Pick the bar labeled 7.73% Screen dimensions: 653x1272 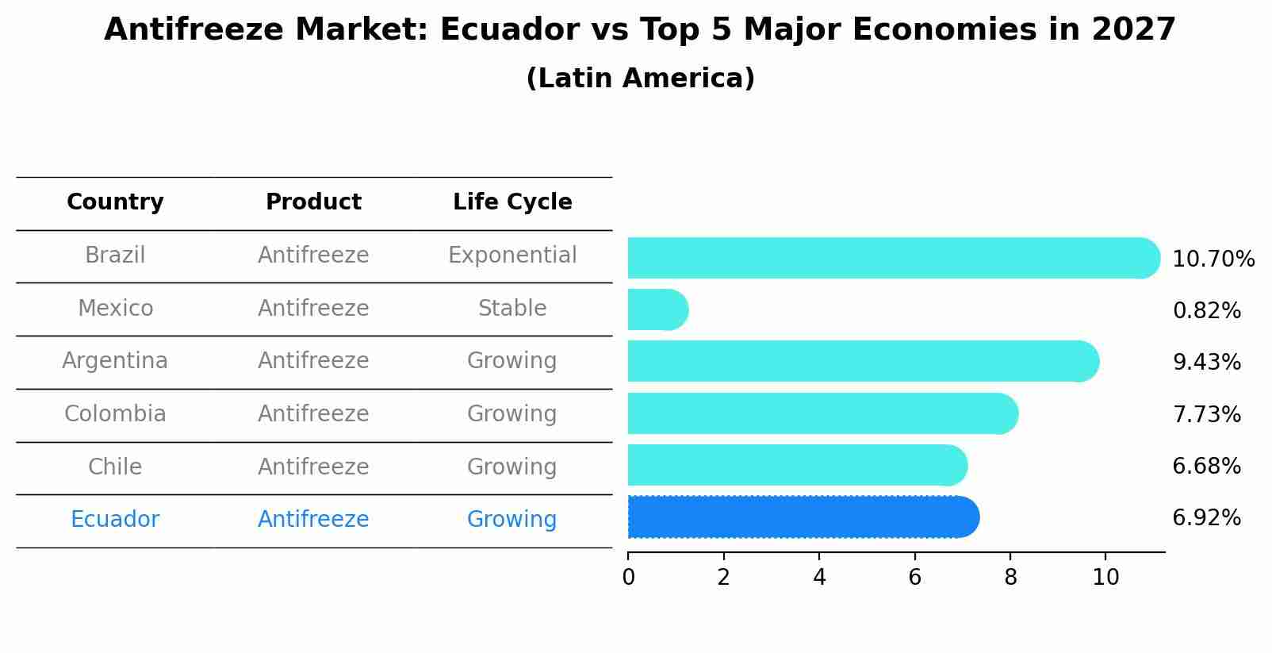(822, 413)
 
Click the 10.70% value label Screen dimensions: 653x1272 (1213, 259)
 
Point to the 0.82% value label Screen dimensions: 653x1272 (1206, 311)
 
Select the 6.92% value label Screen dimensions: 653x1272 (1206, 518)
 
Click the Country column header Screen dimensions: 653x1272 (115, 202)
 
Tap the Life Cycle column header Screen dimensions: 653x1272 (512, 202)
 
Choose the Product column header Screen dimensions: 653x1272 (313, 202)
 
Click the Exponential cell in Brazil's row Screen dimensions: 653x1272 (512, 255)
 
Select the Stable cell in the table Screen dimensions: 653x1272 (512, 309)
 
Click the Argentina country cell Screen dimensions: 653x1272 (115, 361)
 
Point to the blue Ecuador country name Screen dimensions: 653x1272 (115, 520)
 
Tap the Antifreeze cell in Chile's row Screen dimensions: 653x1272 (313, 467)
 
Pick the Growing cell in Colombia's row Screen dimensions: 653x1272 (512, 414)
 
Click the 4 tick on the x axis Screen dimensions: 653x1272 (819, 578)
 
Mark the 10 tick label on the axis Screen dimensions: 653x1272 (1105, 578)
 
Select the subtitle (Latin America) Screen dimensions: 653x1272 (640, 79)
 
